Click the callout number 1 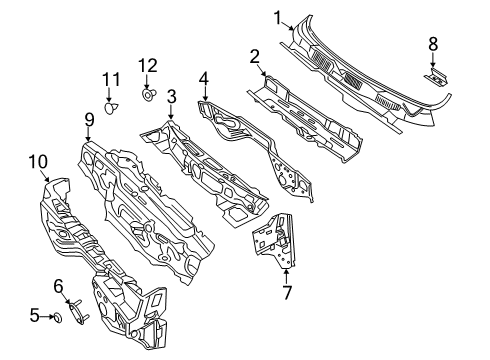tap(278, 16)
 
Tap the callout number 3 tap(171, 96)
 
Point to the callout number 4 tap(203, 77)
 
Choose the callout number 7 tap(286, 293)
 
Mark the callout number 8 tap(432, 43)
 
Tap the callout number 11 tap(110, 78)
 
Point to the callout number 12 tap(148, 66)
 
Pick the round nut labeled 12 tap(148, 96)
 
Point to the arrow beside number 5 tap(46, 317)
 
